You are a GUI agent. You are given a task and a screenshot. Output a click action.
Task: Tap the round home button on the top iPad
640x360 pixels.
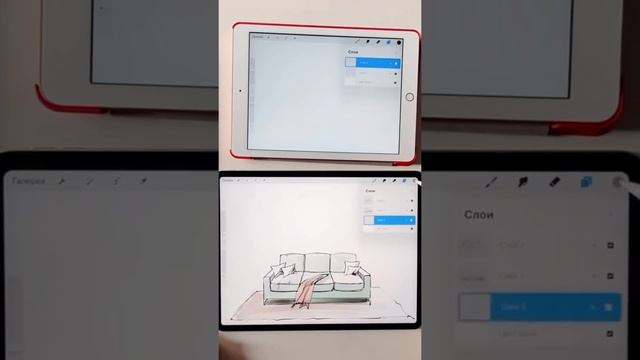click(409, 97)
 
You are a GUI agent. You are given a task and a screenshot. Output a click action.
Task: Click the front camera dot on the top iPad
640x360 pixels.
click(240, 91)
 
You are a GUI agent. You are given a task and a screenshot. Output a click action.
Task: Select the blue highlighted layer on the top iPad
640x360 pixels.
click(373, 62)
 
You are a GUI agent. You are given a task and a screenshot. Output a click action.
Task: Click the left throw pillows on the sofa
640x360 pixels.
click(283, 268)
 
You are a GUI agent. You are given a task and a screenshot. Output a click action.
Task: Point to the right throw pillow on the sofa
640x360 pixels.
click(353, 267)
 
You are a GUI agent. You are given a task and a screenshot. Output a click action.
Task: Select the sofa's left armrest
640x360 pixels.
click(268, 284)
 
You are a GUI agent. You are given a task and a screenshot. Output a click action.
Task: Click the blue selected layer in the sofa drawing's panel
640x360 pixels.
click(390, 218)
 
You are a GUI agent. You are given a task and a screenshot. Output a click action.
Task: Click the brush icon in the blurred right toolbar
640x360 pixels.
click(492, 183)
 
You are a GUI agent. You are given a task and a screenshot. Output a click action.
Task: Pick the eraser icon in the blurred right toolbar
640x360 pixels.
click(554, 183)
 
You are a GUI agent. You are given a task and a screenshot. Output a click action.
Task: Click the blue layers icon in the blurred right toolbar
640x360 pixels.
click(586, 183)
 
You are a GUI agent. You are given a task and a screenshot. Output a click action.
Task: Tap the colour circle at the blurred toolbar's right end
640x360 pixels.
click(618, 183)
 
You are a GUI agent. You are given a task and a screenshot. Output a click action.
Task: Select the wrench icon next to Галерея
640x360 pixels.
click(62, 182)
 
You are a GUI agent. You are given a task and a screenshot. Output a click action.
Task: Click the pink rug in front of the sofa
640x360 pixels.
click(320, 312)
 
